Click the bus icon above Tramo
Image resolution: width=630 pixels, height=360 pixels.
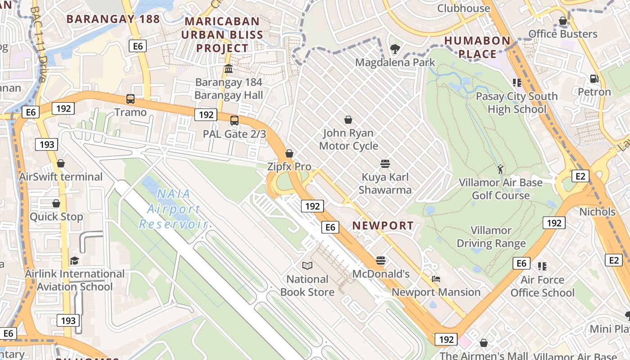coord(130,99)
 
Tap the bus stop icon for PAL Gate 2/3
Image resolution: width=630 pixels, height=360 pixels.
coord(234,121)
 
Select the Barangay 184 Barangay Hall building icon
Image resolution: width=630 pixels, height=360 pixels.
coord(229,69)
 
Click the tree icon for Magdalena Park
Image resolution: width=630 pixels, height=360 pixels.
coord(395,48)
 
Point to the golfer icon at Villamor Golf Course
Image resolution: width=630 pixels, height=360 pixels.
coord(500,170)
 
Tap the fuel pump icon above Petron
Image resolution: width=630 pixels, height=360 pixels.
coord(594,79)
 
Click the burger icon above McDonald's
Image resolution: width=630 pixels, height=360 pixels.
coord(381,261)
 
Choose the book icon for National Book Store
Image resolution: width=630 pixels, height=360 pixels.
coord(307,266)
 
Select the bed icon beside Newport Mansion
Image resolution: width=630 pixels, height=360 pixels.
coord(436,279)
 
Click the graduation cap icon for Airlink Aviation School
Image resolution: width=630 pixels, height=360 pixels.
coord(74,261)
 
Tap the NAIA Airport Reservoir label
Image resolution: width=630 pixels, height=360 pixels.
coord(173,209)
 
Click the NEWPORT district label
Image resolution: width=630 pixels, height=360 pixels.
coord(383,226)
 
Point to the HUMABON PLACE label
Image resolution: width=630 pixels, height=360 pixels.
coord(477,47)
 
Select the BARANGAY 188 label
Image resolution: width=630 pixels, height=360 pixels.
coord(113,19)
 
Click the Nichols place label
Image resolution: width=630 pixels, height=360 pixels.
coord(597,211)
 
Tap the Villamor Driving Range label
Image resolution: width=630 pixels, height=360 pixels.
coord(491,237)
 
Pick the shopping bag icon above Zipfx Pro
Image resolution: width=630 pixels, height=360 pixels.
coord(289,153)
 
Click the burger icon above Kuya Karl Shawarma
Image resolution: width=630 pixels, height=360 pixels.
coord(385,163)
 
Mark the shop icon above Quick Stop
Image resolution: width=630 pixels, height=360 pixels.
coord(56,204)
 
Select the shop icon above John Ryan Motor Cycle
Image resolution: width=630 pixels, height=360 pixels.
coord(348,120)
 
